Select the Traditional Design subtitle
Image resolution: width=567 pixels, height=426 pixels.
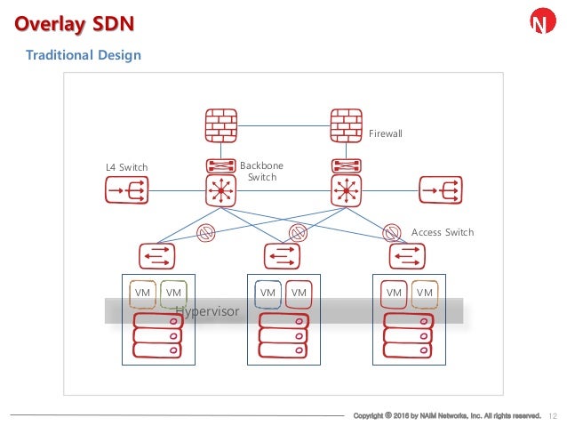pyautogui.click(x=83, y=55)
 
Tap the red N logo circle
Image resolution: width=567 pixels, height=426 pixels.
pyautogui.click(x=540, y=22)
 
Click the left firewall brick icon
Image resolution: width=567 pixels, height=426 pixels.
pyautogui.click(x=219, y=127)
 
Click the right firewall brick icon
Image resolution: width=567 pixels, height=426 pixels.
pyautogui.click(x=344, y=127)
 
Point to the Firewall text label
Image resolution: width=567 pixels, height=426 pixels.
pyautogui.click(x=386, y=133)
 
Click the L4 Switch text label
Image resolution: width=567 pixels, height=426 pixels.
pyautogui.click(x=126, y=167)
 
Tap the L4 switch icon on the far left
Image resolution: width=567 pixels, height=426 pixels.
pyautogui.click(x=126, y=189)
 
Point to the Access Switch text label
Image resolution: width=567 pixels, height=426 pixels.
pyautogui.click(x=443, y=232)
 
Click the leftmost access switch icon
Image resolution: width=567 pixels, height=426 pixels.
pyautogui.click(x=156, y=256)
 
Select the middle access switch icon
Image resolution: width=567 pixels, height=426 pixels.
pyautogui.click(x=282, y=256)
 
